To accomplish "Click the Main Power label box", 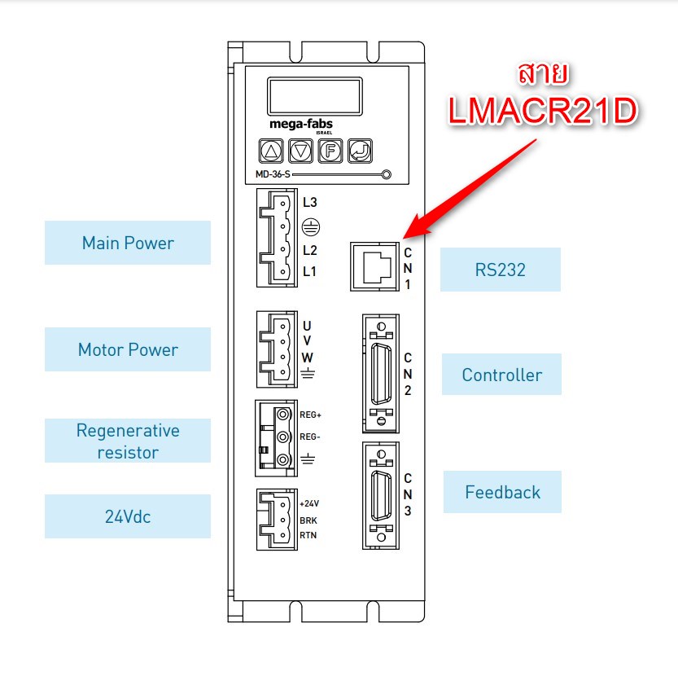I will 128,243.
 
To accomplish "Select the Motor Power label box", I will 128,349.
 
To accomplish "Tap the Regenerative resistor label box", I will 128,441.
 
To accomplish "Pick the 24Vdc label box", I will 128,516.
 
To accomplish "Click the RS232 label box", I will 500,270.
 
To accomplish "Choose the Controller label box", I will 501,375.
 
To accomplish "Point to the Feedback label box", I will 502,492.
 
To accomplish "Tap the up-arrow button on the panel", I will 272,150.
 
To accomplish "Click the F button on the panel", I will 330,150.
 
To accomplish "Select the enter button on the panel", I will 359,150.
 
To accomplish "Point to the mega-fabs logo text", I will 300,124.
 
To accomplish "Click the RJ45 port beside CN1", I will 373,266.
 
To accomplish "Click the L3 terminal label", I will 309,201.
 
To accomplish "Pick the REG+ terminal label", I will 311,415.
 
